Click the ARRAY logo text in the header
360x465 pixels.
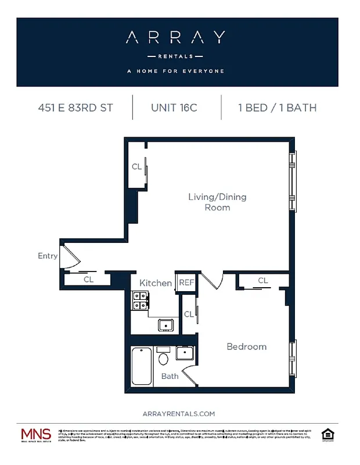[x=176, y=38]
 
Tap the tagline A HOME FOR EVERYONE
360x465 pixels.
[x=176, y=71]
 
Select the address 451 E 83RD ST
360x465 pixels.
[x=75, y=108]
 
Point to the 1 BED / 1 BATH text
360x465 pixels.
[x=277, y=108]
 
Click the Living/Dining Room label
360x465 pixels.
[x=217, y=202]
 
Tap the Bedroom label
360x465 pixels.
[x=246, y=346]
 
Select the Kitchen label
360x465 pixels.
[x=156, y=283]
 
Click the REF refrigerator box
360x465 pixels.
[x=186, y=282]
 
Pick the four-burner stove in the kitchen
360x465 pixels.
[x=140, y=300]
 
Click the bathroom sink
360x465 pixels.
[x=185, y=353]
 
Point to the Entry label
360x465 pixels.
[x=48, y=256]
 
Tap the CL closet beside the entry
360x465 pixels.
[x=88, y=280]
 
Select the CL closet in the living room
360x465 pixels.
[x=137, y=167]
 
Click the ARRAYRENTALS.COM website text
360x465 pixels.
[x=178, y=413]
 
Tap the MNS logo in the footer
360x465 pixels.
[x=36, y=435]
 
